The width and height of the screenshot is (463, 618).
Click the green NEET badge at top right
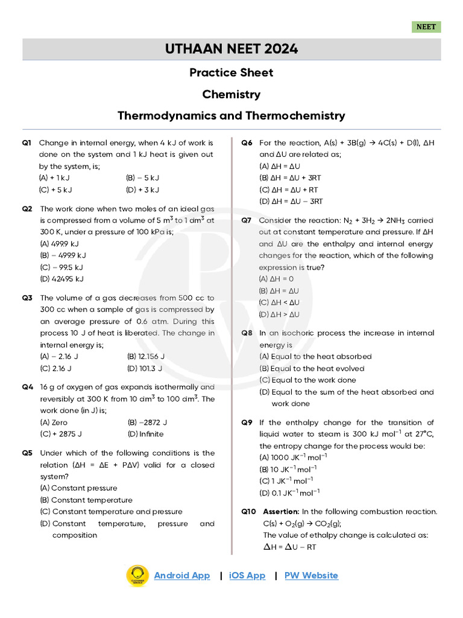pos(426,27)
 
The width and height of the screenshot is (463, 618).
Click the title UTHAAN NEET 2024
pos(231,49)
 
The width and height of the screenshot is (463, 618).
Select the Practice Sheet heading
pos(231,72)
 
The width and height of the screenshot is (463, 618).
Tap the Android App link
pos(182,575)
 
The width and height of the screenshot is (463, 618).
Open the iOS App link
pos(247,575)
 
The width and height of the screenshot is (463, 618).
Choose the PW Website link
pos(311,575)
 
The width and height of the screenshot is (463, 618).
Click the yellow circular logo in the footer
pos(137,576)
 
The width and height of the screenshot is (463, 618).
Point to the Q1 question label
pos(27,143)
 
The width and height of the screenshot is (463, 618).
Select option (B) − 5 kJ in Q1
pos(142,178)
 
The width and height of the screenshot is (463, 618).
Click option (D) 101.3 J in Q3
pos(145,368)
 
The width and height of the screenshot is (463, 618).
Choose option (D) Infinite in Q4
pos(145,434)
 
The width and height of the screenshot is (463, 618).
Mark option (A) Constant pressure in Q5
pos(78,488)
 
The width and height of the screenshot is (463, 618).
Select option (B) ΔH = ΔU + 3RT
pos(291,178)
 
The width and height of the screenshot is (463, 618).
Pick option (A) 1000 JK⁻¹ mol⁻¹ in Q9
pos(293,457)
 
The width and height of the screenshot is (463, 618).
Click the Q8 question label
pos(247,333)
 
